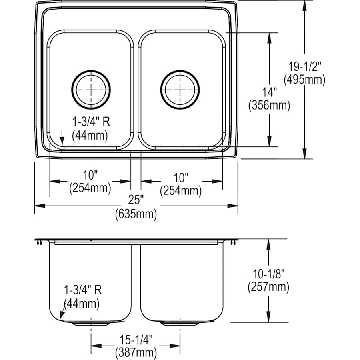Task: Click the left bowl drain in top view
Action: [91, 90]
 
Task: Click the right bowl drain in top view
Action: [180, 90]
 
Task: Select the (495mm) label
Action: [304, 80]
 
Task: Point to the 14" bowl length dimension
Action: [269, 92]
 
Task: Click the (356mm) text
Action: [269, 105]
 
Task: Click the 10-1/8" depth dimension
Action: [268, 273]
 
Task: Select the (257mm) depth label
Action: [268, 286]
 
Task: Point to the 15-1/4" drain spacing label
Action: [136, 339]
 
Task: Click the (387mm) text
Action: [136, 352]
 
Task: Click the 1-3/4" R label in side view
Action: [83, 290]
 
